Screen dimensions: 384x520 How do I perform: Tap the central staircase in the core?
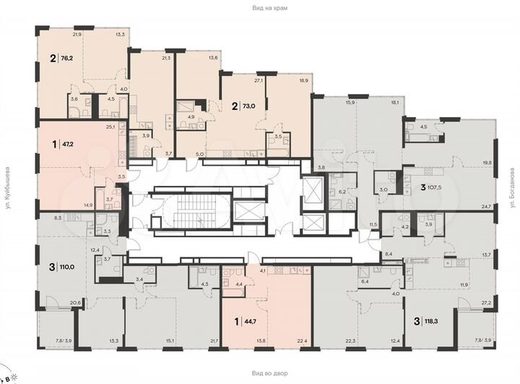(184, 210)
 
